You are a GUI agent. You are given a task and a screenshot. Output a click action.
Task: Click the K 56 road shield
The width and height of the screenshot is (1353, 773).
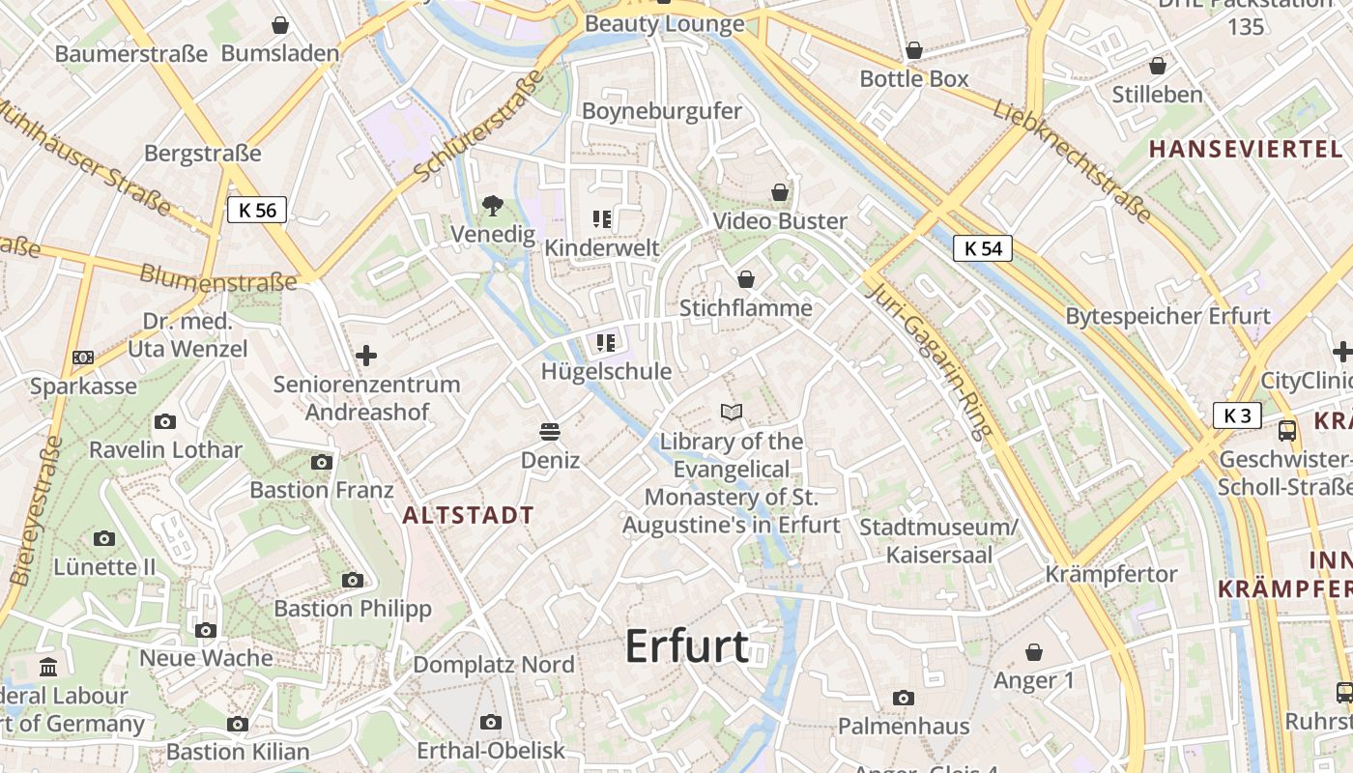[257, 210]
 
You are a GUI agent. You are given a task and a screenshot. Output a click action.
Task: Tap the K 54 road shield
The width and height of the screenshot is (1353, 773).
[983, 248]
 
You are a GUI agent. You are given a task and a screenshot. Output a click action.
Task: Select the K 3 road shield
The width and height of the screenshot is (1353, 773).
[1237, 415]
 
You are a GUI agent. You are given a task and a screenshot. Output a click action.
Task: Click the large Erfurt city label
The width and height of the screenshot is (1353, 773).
[687, 645]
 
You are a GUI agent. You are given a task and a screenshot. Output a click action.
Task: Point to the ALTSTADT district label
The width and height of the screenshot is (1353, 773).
[468, 515]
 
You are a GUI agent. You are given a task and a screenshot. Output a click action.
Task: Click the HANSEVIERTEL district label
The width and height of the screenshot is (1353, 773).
[1246, 149]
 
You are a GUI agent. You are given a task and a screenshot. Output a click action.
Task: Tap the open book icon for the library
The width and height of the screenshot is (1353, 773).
[732, 413]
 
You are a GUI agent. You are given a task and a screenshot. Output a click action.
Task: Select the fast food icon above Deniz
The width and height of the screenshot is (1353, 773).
[550, 431]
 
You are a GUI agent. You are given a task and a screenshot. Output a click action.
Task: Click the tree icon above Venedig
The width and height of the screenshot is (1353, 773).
[493, 205]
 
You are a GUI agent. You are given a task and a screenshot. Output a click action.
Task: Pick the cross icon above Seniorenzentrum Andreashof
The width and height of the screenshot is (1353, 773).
[366, 356]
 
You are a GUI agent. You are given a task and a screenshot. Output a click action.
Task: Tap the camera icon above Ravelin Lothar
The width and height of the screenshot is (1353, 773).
[165, 421]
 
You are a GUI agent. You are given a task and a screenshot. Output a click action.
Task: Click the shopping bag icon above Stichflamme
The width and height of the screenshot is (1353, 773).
[746, 279]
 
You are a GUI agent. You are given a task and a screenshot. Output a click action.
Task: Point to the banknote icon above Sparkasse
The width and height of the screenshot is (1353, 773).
[83, 358]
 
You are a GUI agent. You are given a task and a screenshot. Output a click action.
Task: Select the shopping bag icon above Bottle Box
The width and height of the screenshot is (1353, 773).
[914, 50]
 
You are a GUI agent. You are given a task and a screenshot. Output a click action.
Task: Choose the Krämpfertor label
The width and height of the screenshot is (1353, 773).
[1111, 574]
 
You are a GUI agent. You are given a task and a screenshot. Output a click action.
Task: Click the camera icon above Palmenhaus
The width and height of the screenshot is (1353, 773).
[904, 698]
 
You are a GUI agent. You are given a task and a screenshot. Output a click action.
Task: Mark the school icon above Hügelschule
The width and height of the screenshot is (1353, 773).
[606, 342]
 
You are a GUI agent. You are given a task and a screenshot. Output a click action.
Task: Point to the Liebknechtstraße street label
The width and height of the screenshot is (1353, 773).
[1073, 159]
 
